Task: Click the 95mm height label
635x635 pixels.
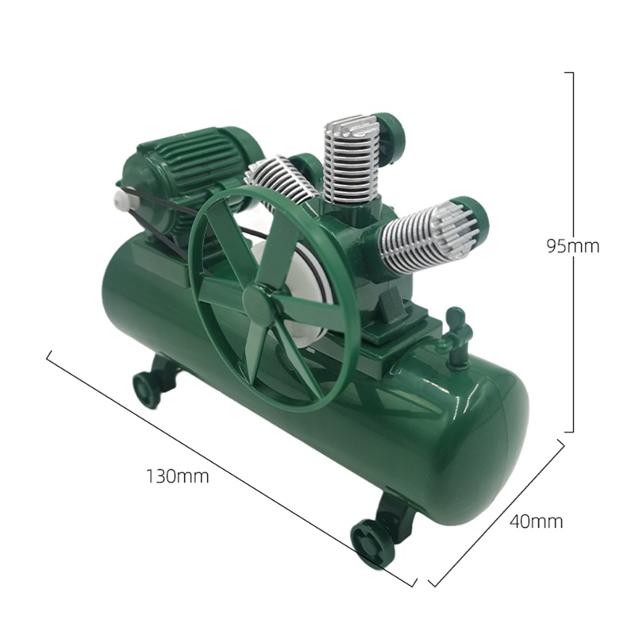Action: point(572,245)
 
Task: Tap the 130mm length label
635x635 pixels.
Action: point(177,476)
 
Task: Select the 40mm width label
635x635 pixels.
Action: point(537,521)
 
